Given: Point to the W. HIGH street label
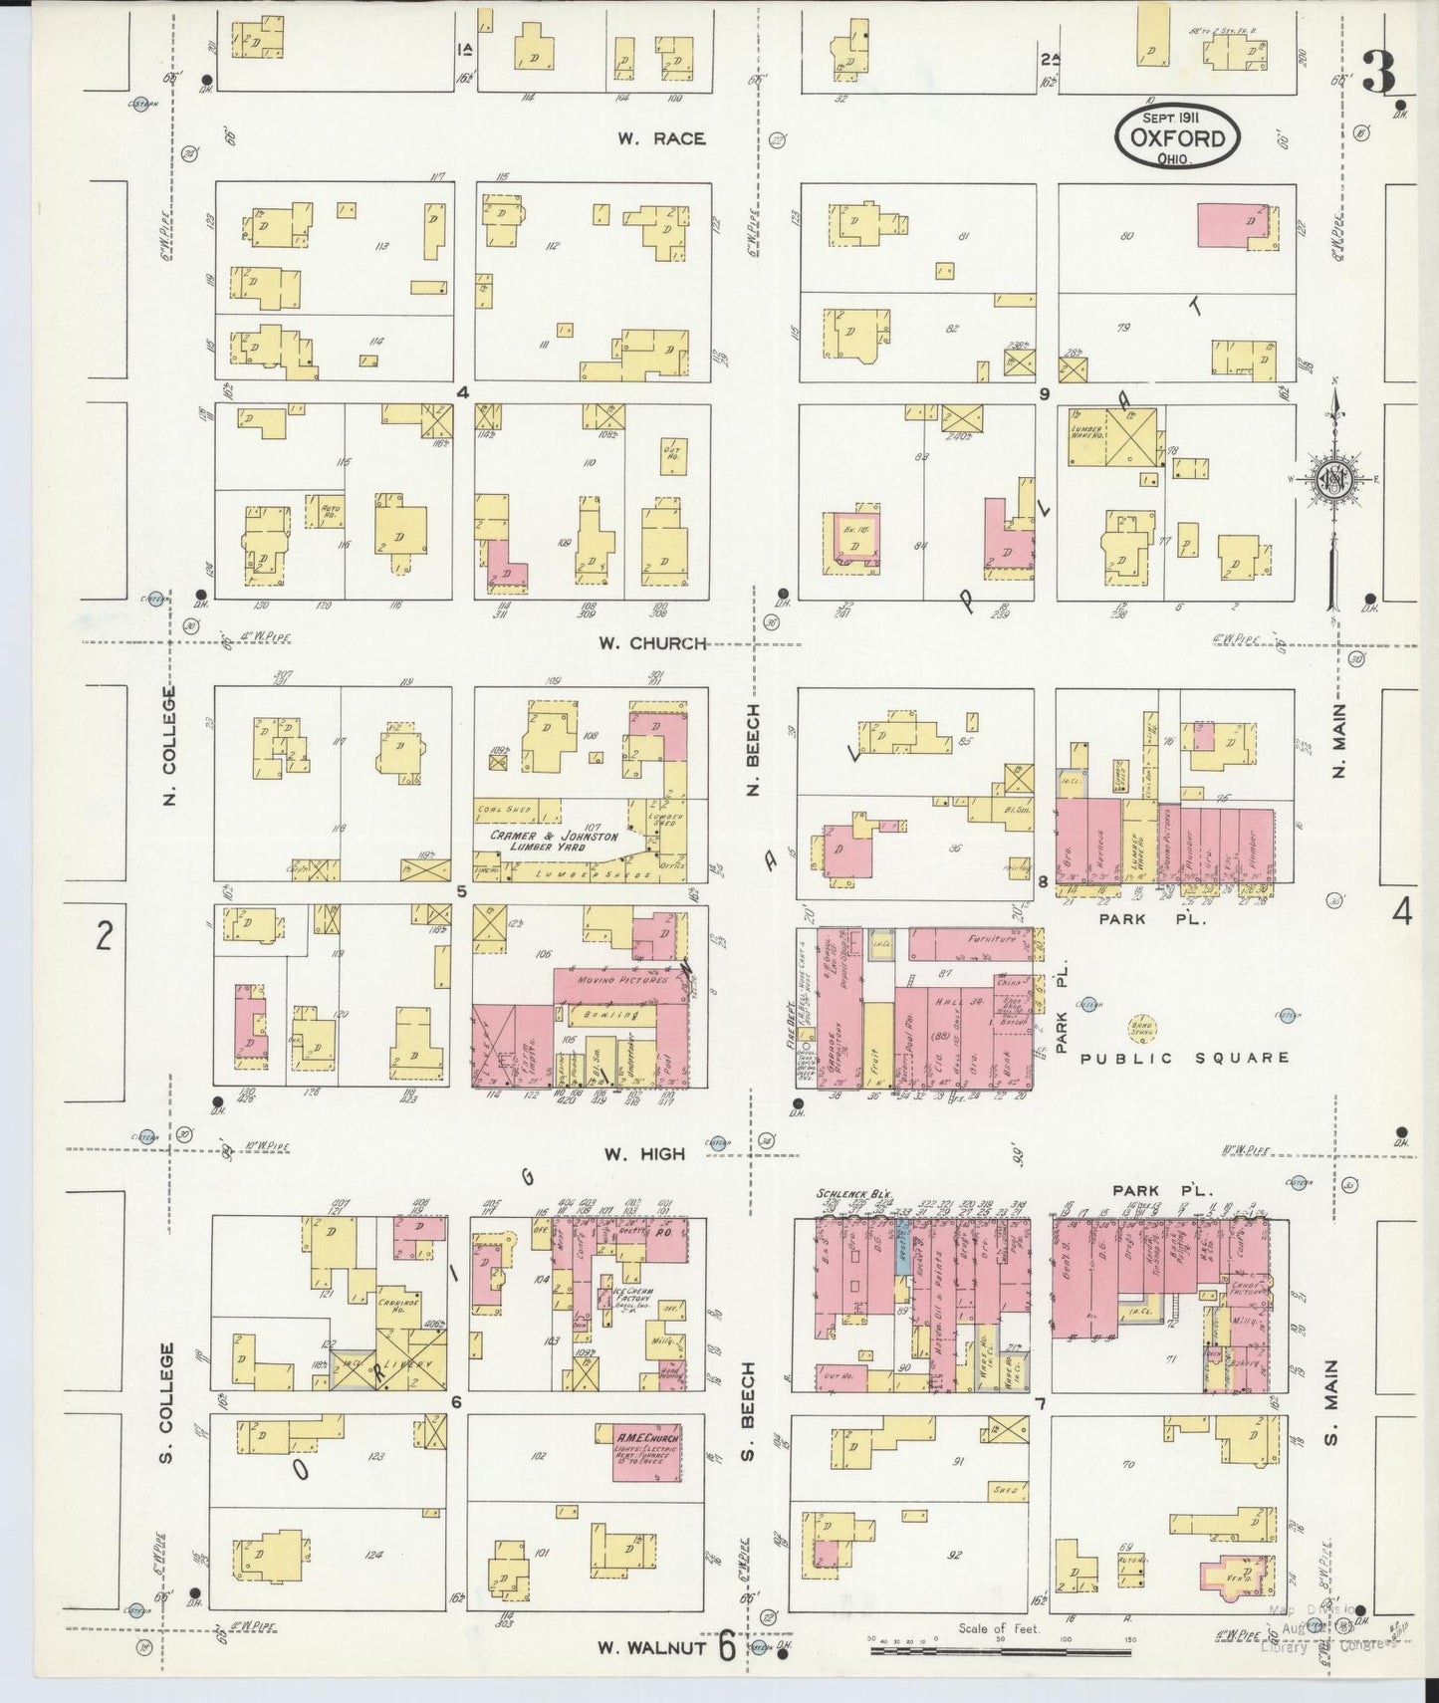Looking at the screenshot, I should tap(644, 1153).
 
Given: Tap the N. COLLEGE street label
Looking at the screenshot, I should tap(169, 746).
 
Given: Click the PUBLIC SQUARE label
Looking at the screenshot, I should tap(1185, 1058).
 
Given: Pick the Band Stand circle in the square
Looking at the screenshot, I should tap(1142, 1029).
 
